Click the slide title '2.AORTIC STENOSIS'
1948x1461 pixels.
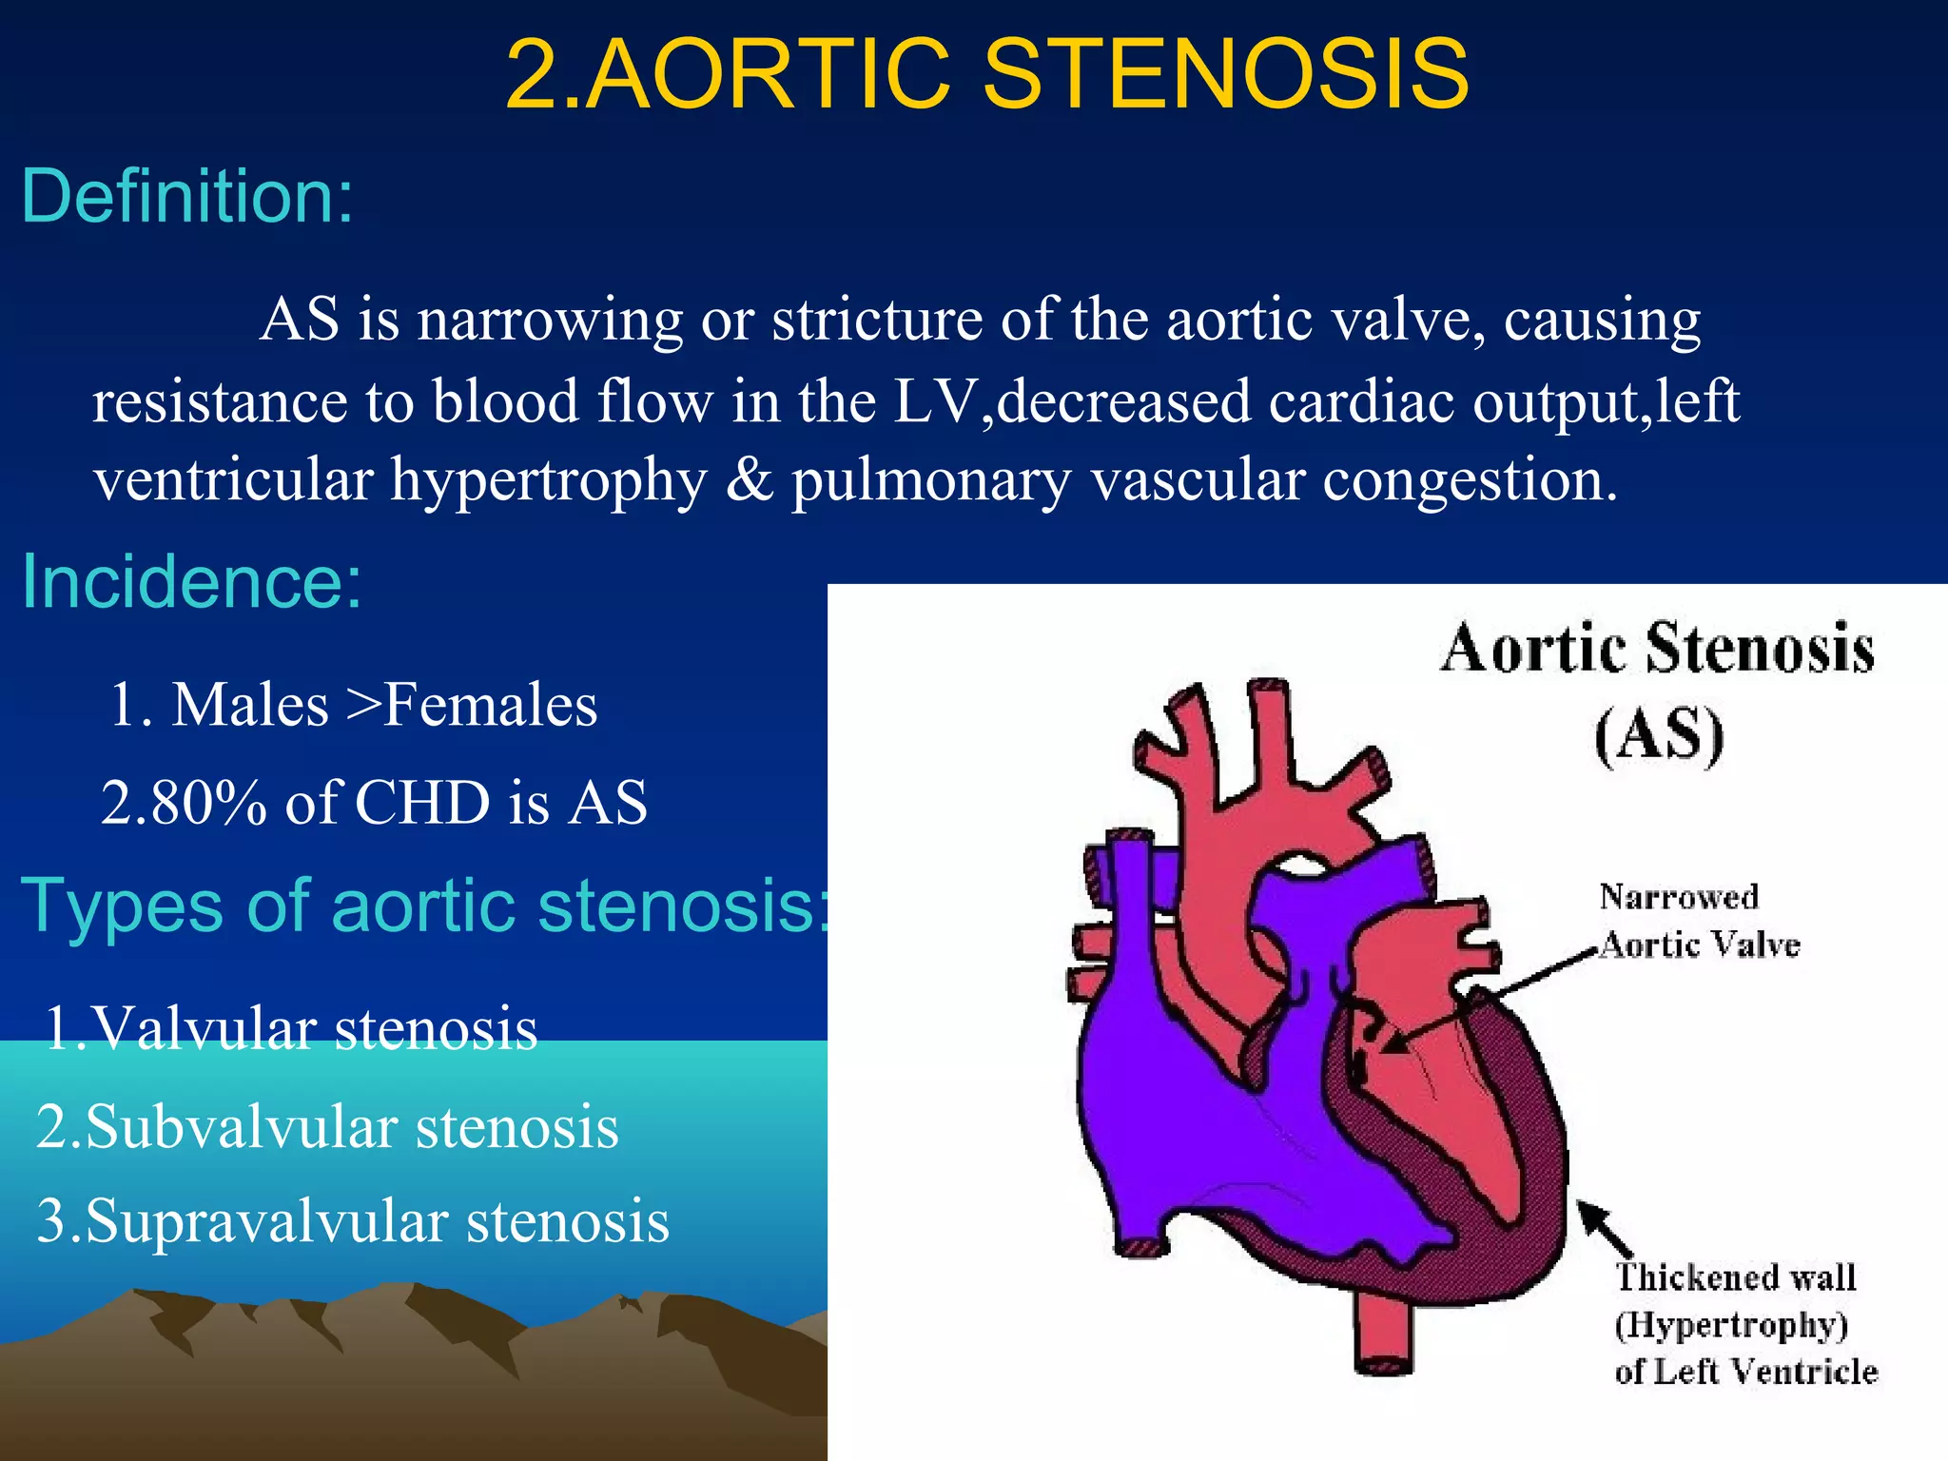point(986,74)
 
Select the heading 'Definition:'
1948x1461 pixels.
point(187,197)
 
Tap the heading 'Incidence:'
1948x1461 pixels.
point(191,581)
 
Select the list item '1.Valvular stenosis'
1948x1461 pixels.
point(291,1029)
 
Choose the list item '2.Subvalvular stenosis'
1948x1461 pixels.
point(328,1128)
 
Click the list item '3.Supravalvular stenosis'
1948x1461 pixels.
point(353,1222)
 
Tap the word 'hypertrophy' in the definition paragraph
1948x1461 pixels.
point(549,480)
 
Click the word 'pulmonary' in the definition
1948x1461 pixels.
point(931,480)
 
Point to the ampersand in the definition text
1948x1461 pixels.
point(750,478)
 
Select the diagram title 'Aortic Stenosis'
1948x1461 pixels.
point(1657,650)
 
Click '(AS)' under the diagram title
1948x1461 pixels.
point(1659,735)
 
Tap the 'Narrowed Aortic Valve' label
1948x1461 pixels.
point(1699,921)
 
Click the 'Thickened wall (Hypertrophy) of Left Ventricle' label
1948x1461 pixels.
point(1744,1324)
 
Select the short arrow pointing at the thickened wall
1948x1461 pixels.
point(1605,1228)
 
